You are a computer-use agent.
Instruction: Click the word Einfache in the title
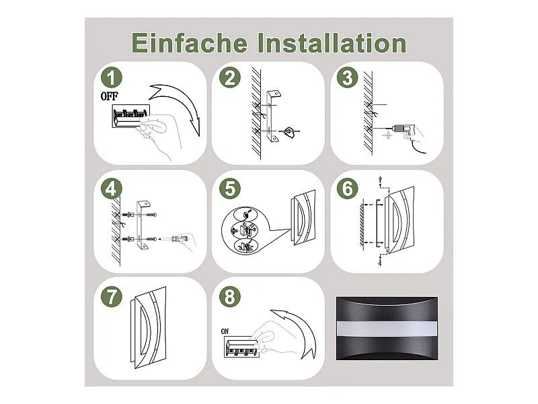click(189, 43)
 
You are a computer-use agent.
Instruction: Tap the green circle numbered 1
click(112, 77)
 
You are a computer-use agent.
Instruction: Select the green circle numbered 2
click(230, 77)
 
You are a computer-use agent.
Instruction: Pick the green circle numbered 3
click(348, 77)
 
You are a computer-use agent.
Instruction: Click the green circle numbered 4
click(112, 189)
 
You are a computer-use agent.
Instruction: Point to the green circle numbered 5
click(230, 189)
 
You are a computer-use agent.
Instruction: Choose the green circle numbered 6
click(348, 189)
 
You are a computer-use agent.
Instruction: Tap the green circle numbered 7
click(112, 296)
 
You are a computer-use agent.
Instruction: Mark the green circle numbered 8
click(230, 296)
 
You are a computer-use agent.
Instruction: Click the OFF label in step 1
click(109, 96)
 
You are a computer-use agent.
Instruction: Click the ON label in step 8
click(225, 331)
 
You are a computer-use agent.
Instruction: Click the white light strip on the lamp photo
click(387, 329)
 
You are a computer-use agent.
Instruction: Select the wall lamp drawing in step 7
click(148, 327)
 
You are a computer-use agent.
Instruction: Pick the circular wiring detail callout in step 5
click(244, 230)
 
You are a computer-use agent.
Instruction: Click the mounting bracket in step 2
click(272, 116)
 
